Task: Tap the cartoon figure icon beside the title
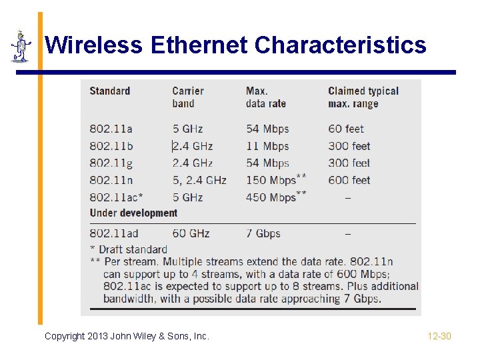pos(21,47)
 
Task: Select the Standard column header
pos(109,91)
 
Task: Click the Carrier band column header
pos(187,97)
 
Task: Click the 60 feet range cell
pos(346,129)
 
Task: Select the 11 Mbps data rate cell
pos(267,146)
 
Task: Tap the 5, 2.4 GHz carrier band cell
pos(199,180)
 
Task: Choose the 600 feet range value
pos(349,180)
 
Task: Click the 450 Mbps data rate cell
pos(271,197)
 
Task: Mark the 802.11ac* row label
pos(116,197)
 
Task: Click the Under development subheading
pos(133,213)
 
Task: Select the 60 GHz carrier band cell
pos(191,233)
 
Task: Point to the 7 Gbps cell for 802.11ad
pos(263,233)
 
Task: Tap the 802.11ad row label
pos(113,233)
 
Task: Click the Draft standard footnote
pos(128,249)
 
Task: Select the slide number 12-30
pos(439,336)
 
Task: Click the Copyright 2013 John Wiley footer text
pos(127,336)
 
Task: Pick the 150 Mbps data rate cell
pos(271,180)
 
